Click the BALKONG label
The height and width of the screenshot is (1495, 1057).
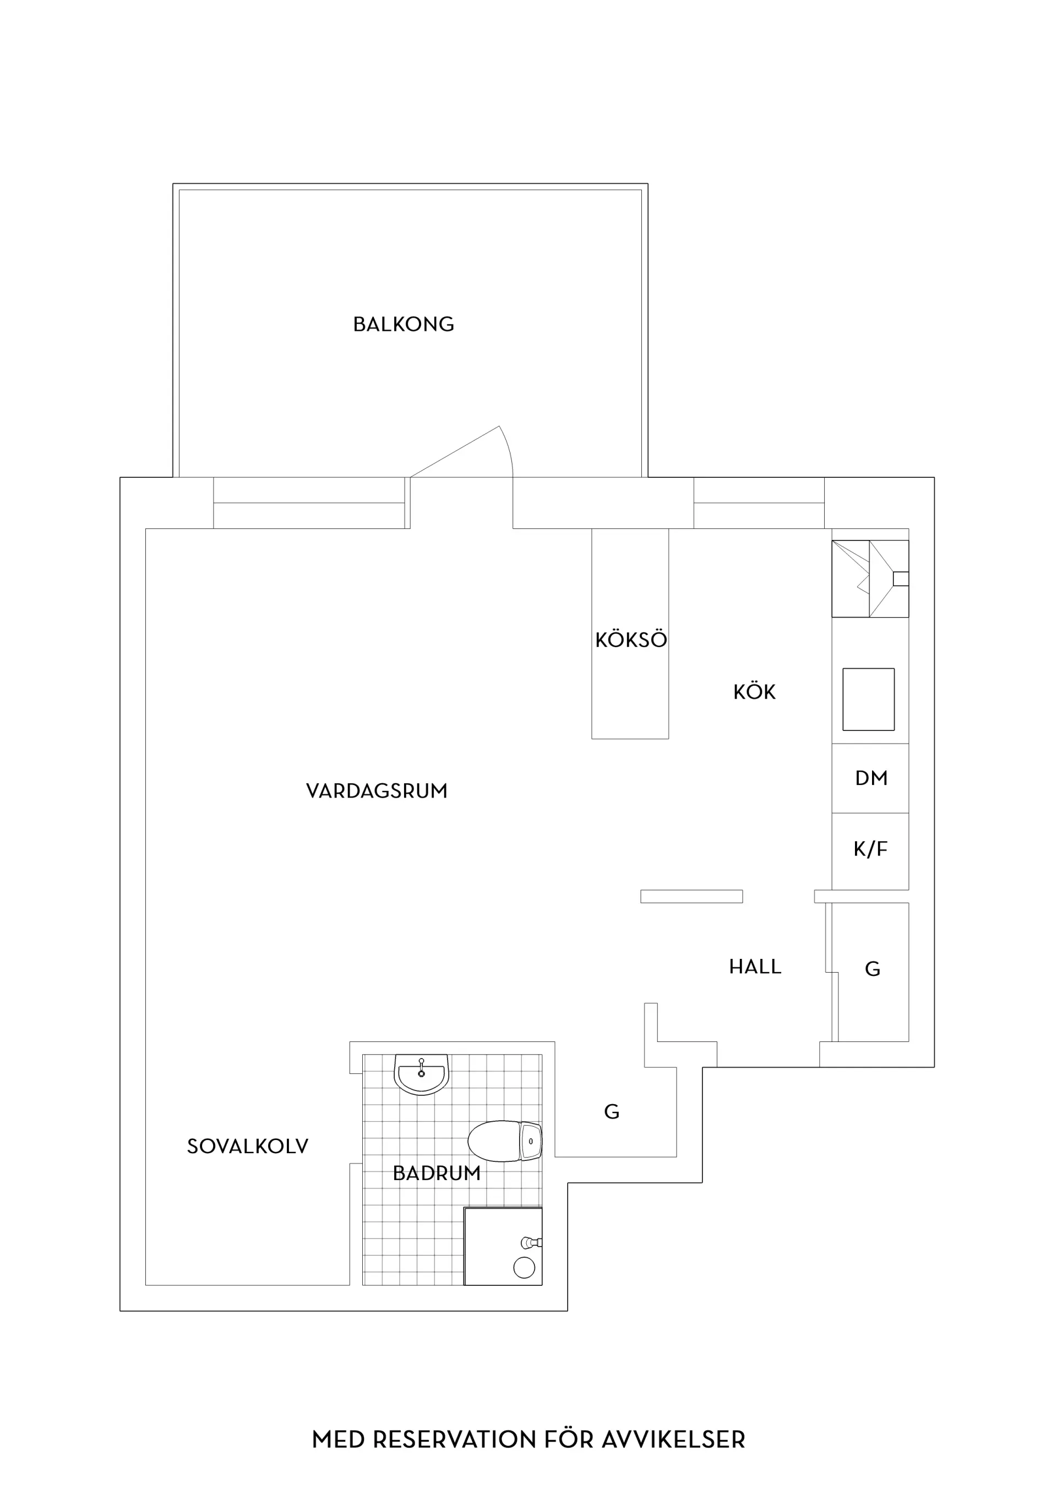pyautogui.click(x=403, y=324)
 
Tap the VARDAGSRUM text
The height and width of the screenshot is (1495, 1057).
pyautogui.click(x=377, y=791)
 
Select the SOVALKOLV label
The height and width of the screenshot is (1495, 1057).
pyautogui.click(x=248, y=1147)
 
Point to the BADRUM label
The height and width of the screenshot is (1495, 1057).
pyautogui.click(x=437, y=1174)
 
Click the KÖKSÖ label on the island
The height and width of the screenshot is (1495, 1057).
pyautogui.click(x=631, y=640)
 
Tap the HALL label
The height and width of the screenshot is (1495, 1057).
pyautogui.click(x=755, y=967)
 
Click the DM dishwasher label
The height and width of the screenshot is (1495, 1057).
pyautogui.click(x=871, y=778)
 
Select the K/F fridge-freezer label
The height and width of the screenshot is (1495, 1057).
pyautogui.click(x=871, y=849)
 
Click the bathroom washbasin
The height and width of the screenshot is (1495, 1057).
pyautogui.click(x=421, y=1075)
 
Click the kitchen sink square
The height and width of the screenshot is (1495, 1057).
pyautogui.click(x=868, y=699)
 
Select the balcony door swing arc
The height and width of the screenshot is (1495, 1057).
pyautogui.click(x=509, y=449)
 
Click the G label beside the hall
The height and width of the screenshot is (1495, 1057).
pyautogui.click(x=873, y=969)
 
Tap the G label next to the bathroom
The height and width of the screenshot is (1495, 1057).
pyautogui.click(x=612, y=1112)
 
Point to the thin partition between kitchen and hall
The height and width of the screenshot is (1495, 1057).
pyautogui.click(x=691, y=897)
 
